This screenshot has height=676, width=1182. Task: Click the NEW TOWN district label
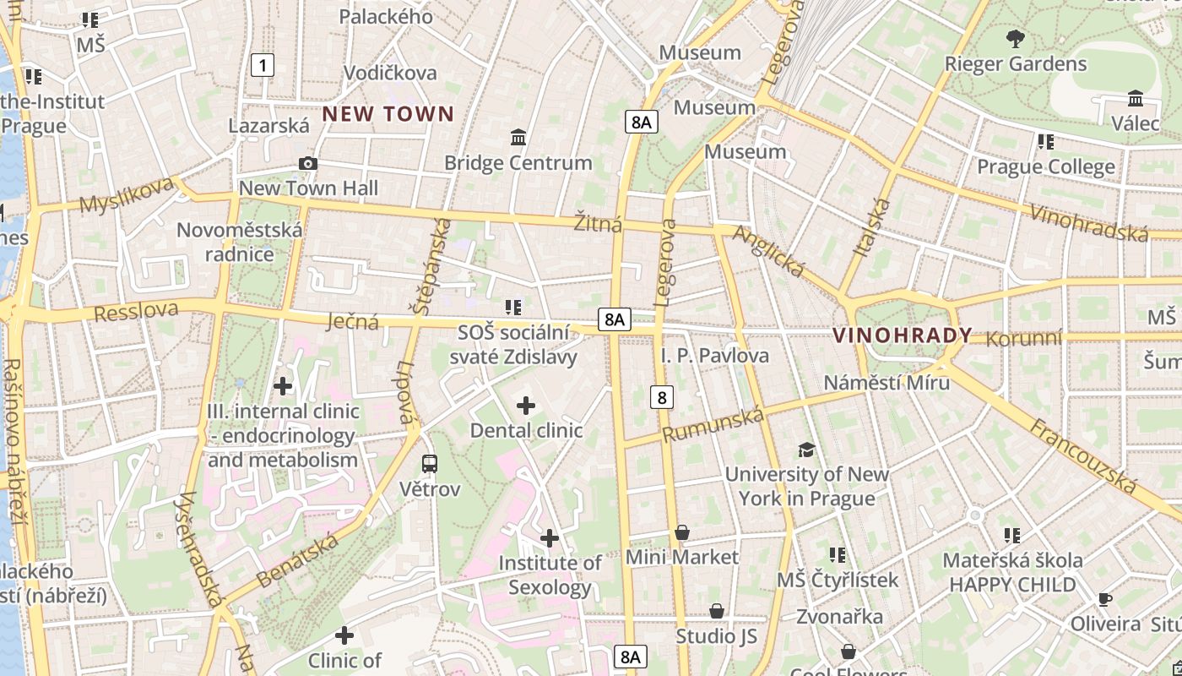(x=388, y=114)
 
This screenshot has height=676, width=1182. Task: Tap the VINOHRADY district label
(x=903, y=335)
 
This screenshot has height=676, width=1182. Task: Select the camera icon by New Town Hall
(x=308, y=163)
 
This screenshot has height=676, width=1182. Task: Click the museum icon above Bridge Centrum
(x=518, y=137)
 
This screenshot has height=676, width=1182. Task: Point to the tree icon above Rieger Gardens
(x=1016, y=38)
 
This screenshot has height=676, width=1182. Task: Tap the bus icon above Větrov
(x=430, y=463)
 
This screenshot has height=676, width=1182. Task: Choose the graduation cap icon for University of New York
(x=807, y=450)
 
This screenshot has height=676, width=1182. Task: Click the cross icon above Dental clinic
(x=526, y=406)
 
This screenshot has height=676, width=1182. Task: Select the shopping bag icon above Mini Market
(x=682, y=532)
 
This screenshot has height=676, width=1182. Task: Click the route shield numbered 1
(x=263, y=64)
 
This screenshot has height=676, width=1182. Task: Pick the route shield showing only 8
(x=661, y=396)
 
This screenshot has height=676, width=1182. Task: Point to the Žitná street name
(x=598, y=224)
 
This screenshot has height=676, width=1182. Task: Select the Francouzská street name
(x=1085, y=456)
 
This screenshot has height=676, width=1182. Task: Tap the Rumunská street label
(x=713, y=424)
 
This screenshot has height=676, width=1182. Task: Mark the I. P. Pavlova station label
(x=715, y=356)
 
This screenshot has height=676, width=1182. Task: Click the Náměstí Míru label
(x=886, y=383)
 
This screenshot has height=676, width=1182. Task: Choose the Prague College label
(x=1045, y=166)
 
